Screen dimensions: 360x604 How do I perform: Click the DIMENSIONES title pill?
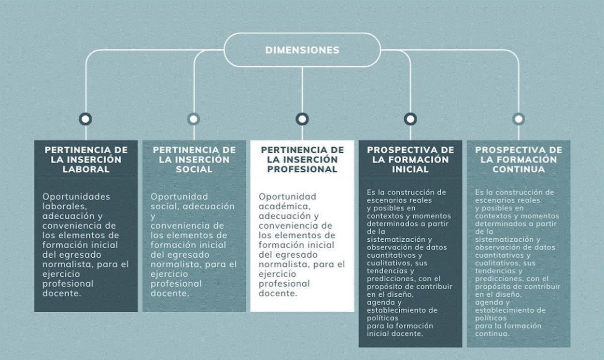(302, 50)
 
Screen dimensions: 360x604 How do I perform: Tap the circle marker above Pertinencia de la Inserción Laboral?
(85, 119)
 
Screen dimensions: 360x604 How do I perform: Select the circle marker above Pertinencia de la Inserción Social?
(194, 119)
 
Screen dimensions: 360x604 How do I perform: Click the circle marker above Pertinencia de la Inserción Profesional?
(302, 119)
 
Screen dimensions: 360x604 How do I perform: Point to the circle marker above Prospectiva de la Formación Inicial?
(410, 119)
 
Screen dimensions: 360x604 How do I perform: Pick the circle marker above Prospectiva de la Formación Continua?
(519, 119)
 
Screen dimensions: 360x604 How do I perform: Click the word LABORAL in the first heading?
(86, 169)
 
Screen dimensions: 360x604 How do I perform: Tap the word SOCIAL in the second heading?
(194, 169)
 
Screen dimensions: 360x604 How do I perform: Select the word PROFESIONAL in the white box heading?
(302, 169)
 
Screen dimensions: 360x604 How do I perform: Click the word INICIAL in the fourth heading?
(410, 169)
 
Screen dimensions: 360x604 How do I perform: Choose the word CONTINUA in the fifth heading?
(519, 169)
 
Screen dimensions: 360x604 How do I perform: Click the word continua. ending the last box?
(492, 333)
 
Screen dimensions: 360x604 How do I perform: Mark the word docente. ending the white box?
(278, 293)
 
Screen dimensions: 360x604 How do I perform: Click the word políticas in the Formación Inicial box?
(382, 318)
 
